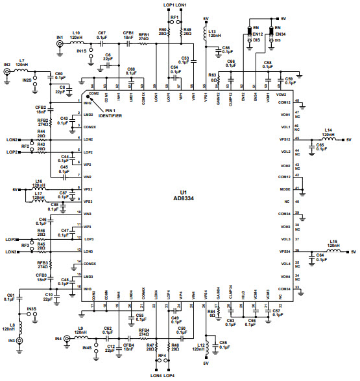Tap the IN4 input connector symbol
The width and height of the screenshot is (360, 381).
click(66, 338)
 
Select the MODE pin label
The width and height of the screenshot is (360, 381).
click(283, 189)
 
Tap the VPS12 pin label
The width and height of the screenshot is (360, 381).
click(283, 139)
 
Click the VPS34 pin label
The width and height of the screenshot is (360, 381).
click(283, 251)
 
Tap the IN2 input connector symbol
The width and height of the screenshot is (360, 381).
click(8, 73)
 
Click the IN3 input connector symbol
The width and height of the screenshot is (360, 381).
click(19, 340)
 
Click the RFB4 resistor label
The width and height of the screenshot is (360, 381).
click(143, 330)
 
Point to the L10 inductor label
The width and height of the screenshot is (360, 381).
click(77, 32)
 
